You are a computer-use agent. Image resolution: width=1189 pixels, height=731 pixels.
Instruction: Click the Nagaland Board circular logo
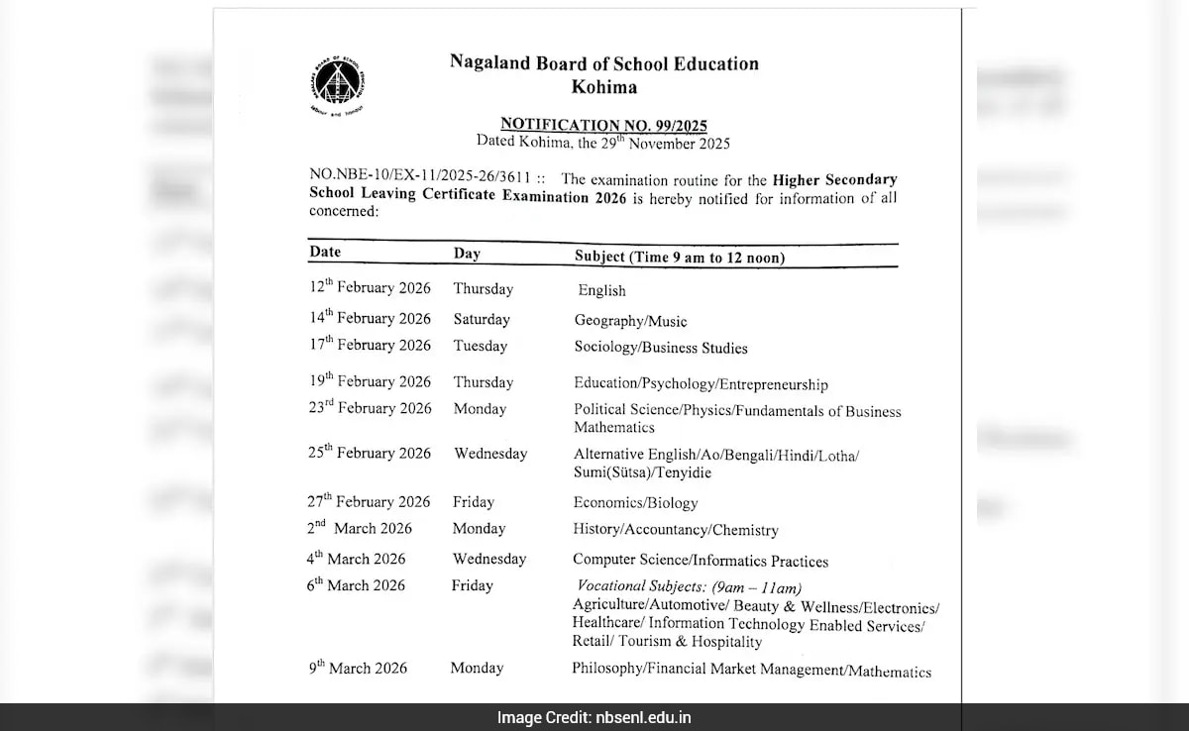(336, 85)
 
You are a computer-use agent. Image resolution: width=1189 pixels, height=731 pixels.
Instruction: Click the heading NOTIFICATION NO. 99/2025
(603, 124)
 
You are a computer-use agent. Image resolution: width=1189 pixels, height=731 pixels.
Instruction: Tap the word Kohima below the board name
(603, 87)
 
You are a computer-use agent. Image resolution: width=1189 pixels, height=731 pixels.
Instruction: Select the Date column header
(325, 252)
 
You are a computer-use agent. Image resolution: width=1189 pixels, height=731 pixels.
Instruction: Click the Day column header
(467, 254)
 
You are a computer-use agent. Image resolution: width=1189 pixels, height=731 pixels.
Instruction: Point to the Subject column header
(680, 257)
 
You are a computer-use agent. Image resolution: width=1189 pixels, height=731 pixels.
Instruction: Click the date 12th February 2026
(370, 287)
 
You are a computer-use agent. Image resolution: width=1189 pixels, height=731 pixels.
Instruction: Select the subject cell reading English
(601, 290)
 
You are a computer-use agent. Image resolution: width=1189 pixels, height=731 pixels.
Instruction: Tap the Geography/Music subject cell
(630, 321)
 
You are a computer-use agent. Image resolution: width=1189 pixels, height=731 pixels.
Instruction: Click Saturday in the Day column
(482, 319)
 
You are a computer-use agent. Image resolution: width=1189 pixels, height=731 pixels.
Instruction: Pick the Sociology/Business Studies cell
(661, 348)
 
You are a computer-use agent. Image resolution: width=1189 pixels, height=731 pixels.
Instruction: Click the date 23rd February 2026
(370, 407)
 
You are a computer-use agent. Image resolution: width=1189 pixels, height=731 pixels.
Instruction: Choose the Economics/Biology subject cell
(635, 502)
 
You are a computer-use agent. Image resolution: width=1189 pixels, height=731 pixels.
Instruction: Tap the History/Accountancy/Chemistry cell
(675, 530)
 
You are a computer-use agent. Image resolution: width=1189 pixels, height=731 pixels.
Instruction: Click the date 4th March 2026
(356, 559)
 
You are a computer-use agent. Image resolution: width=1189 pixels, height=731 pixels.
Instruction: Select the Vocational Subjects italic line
(690, 587)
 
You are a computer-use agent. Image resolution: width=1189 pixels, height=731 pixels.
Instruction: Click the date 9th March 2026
(357, 668)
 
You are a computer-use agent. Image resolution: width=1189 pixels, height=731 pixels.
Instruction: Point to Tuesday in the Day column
(480, 346)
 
